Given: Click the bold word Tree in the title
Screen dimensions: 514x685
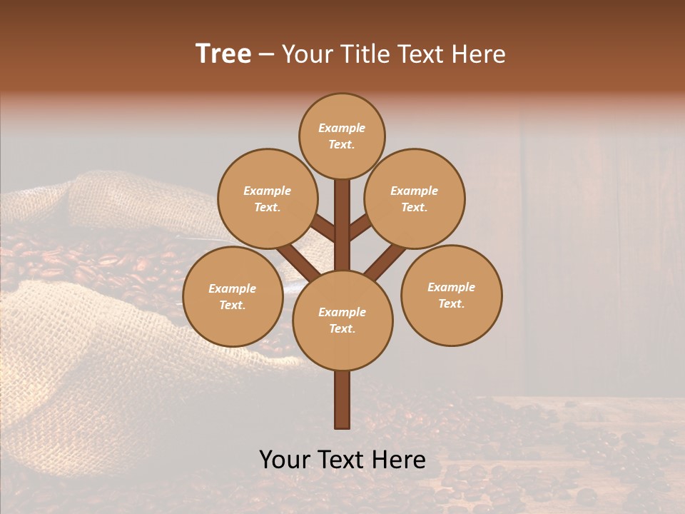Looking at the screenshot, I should click(x=223, y=54).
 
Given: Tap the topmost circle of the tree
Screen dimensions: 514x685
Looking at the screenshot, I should click(x=342, y=136).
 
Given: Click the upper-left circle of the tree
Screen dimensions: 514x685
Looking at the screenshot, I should click(x=267, y=198).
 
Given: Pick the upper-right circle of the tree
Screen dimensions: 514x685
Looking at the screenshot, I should click(x=415, y=198).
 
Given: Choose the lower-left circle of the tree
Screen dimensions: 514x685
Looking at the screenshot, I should click(x=233, y=296).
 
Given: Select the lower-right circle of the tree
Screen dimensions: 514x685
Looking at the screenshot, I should click(x=452, y=295).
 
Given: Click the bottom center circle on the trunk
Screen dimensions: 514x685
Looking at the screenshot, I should click(x=342, y=320).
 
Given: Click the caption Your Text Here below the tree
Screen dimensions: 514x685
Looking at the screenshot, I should click(x=342, y=460).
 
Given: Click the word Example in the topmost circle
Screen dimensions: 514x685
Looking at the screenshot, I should click(x=342, y=128).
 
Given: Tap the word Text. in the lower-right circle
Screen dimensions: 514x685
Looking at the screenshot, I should click(x=451, y=303).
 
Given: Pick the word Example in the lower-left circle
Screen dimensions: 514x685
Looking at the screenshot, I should click(x=232, y=288).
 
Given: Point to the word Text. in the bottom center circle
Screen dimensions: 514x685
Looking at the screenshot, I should click(x=342, y=328).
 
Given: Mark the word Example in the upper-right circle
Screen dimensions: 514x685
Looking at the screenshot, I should click(x=414, y=191).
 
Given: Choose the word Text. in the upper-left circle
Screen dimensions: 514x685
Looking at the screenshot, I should click(x=267, y=207).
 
